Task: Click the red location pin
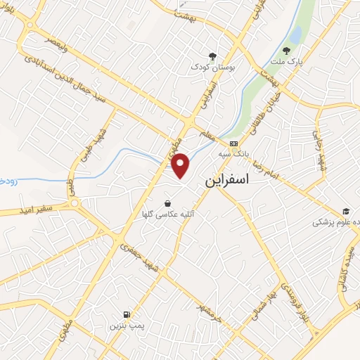(x=181, y=165)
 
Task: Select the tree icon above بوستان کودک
(x=212, y=56)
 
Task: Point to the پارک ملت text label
(x=288, y=63)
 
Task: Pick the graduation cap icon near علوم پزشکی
(x=346, y=211)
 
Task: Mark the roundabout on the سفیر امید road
(x=75, y=205)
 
